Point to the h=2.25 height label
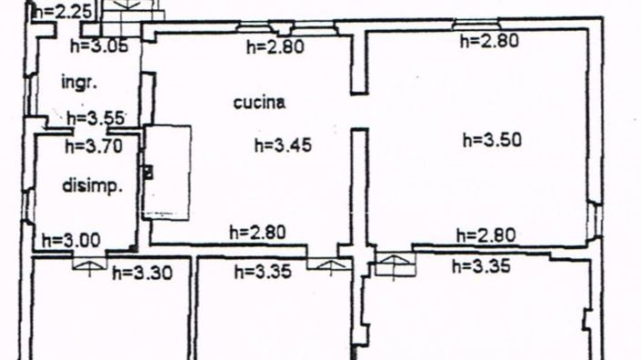[61, 12]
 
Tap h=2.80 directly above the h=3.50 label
[490, 40]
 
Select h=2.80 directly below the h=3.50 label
[486, 235]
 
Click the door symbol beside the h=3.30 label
[88, 263]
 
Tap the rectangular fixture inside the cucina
[168, 171]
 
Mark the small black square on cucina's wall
[148, 170]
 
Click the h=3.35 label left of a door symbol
[262, 271]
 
